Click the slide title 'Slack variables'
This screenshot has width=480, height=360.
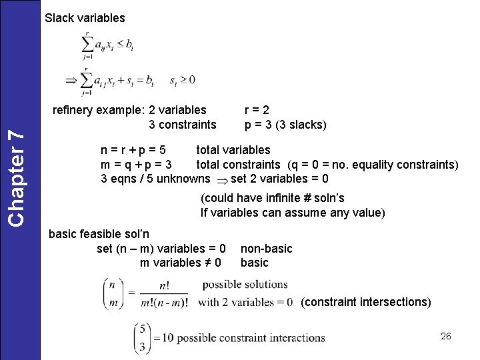pyautogui.click(x=85, y=18)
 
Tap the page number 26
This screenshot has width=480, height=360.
pyautogui.click(x=446, y=336)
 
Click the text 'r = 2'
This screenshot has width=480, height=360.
pyautogui.click(x=257, y=110)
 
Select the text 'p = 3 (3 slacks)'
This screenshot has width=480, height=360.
pyautogui.click(x=285, y=125)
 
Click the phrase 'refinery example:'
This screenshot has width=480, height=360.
pyautogui.click(x=99, y=110)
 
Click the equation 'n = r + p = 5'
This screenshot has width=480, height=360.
pyautogui.click(x=133, y=150)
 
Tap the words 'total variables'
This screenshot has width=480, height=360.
pyautogui.click(x=233, y=150)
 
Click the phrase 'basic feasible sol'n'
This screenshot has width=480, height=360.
pyautogui.click(x=99, y=234)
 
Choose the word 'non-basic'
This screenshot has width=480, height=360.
pyautogui.click(x=266, y=249)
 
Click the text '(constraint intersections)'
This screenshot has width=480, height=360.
pyautogui.click(x=366, y=302)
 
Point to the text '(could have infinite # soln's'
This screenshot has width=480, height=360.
pyautogui.click(x=273, y=198)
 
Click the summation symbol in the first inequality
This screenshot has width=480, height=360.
pyautogui.click(x=87, y=45)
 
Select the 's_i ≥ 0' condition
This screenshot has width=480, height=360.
pyautogui.click(x=182, y=81)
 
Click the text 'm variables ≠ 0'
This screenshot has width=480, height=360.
pyautogui.click(x=181, y=263)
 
